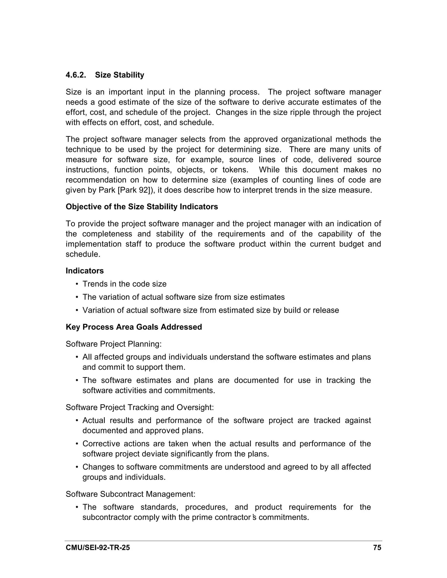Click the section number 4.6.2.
pos(76,75)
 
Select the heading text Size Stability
pos(119,75)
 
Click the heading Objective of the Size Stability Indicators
pos(142,207)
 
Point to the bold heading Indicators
pos(85,271)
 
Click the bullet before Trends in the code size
pos(77,284)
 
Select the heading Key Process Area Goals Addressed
pos(134,327)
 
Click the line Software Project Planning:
pos(113,344)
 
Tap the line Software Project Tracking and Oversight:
pos(139,407)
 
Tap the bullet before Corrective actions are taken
pos(77,444)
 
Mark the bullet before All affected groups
pos(77,357)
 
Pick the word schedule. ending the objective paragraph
pos(83,254)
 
